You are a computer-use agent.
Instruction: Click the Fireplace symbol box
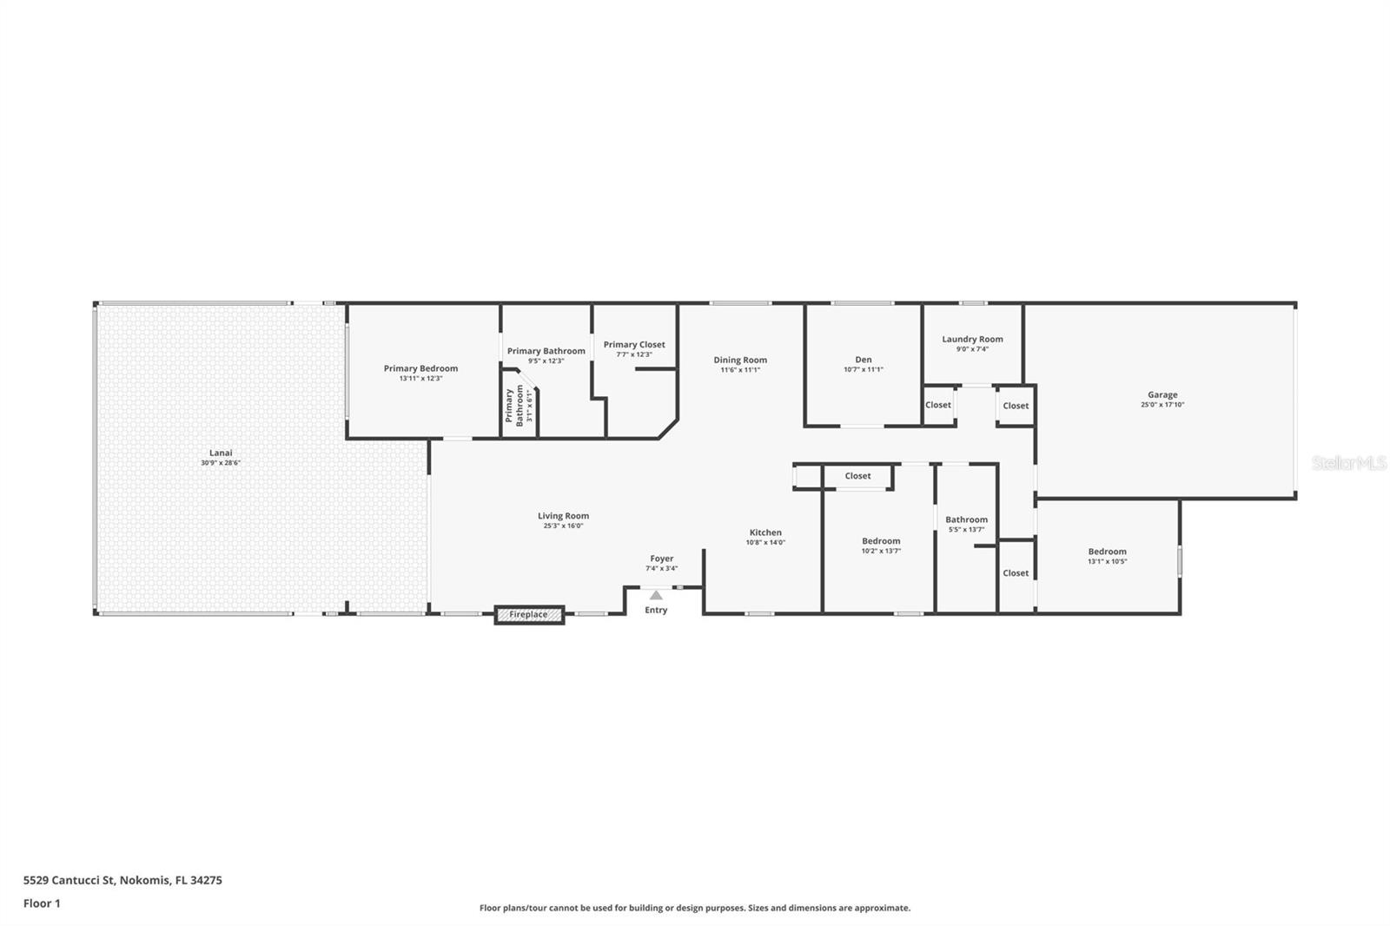pyautogui.click(x=529, y=615)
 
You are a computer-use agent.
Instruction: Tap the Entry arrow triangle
pyautogui.click(x=656, y=596)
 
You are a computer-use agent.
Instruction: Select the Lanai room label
pyautogui.click(x=221, y=453)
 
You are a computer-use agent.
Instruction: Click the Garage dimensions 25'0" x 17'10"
pyautogui.click(x=1162, y=405)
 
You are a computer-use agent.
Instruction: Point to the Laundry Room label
pyautogui.click(x=972, y=340)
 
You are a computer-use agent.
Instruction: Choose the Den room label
pyautogui.click(x=863, y=360)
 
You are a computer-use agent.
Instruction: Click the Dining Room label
pyautogui.click(x=740, y=360)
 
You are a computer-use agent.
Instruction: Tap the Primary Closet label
pyautogui.click(x=634, y=345)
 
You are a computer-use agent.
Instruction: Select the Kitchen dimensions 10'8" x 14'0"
pyautogui.click(x=764, y=543)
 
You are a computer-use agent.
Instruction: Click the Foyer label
pyautogui.click(x=661, y=559)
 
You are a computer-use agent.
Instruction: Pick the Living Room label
pyautogui.click(x=563, y=516)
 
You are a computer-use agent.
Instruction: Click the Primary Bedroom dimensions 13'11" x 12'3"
pyautogui.click(x=420, y=379)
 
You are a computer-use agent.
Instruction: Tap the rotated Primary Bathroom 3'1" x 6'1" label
pyautogui.click(x=519, y=406)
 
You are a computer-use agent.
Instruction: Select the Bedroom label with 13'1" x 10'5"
pyautogui.click(x=1107, y=552)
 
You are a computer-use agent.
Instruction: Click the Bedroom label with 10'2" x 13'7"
pyautogui.click(x=881, y=541)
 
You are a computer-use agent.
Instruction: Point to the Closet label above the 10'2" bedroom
pyautogui.click(x=857, y=476)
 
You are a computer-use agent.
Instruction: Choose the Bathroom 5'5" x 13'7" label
pyautogui.click(x=966, y=519)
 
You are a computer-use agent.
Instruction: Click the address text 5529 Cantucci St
pyautogui.click(x=69, y=880)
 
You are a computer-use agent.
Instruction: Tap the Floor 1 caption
pyautogui.click(x=42, y=903)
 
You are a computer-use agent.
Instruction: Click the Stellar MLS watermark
pyautogui.click(x=1348, y=464)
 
